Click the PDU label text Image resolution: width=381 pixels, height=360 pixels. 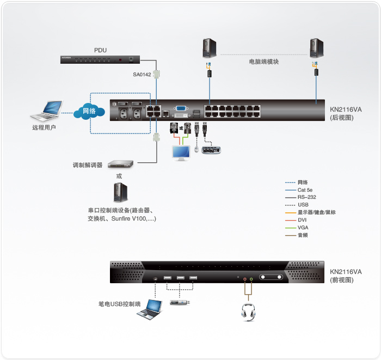pos(100,50)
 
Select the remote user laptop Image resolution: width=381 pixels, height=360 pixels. pos(46,112)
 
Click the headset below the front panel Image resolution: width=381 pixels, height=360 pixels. pos(248,312)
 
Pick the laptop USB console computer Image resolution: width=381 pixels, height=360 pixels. pos(149,310)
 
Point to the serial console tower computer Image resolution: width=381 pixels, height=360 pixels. pos(119,192)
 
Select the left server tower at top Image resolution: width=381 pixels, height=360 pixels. pos(208,47)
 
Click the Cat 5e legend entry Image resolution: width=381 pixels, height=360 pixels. pos(305,190)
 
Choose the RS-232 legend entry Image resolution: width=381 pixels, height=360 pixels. pos(306,197)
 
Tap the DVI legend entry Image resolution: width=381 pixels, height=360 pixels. pos(303,219)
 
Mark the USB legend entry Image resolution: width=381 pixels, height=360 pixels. pos(303,205)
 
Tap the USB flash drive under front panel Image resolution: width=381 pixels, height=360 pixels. pos(180,302)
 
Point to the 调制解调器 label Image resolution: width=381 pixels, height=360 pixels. pos(88,164)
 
